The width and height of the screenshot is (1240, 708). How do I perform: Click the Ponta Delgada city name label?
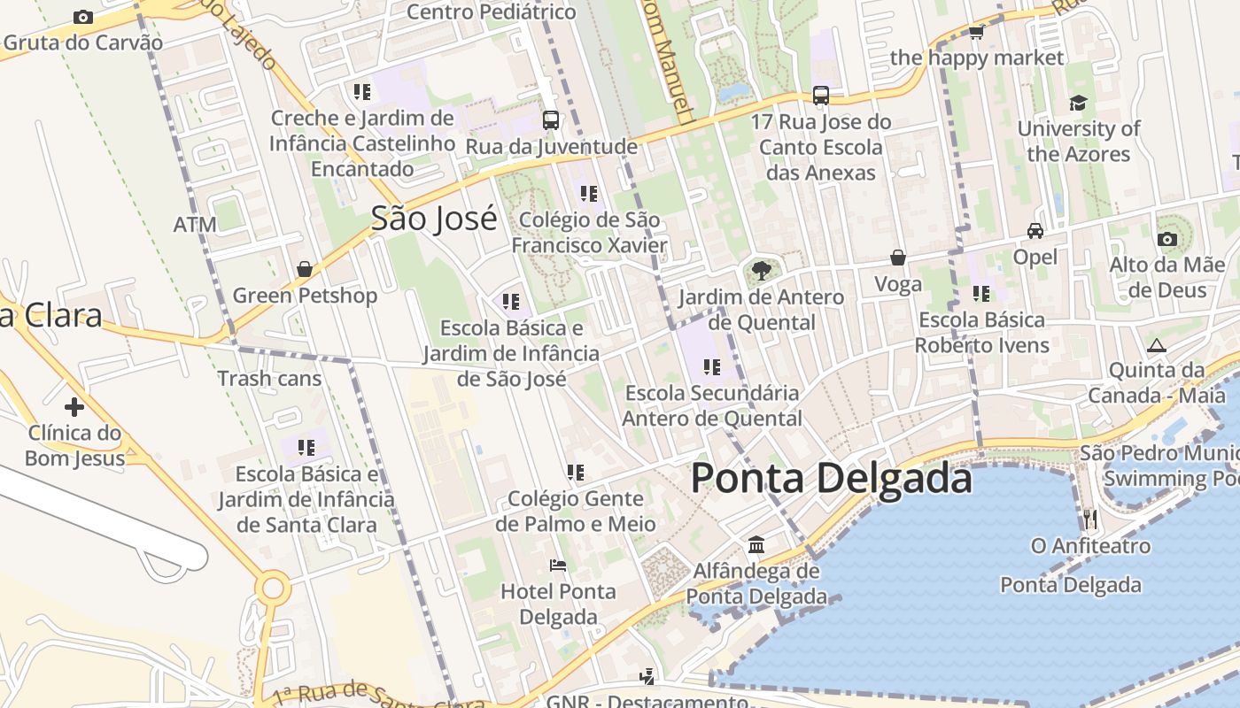click(831, 479)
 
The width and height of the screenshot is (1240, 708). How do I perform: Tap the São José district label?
click(434, 219)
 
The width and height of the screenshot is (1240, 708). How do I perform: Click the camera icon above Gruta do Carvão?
click(83, 17)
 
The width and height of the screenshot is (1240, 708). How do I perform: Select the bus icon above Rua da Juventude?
click(551, 119)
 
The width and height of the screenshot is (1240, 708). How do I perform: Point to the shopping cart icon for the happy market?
click(976, 33)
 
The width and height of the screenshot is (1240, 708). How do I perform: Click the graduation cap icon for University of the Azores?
click(1078, 104)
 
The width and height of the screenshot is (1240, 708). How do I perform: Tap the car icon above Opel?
click(1035, 231)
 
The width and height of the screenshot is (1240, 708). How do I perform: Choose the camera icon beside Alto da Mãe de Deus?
click(1167, 239)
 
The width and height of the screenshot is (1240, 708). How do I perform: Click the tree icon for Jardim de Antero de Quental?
click(761, 271)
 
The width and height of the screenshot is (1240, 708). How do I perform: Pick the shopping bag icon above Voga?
click(897, 258)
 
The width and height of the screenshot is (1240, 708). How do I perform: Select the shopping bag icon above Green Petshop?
click(305, 269)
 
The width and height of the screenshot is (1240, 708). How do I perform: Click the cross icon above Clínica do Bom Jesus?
click(74, 407)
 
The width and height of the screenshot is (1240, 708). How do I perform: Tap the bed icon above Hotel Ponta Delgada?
click(558, 565)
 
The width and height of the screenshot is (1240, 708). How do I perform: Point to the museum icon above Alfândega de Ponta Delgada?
click(756, 544)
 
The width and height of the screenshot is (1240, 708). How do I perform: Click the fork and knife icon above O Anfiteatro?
click(1090, 519)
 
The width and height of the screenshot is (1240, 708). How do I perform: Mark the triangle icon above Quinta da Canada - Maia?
click(1156, 345)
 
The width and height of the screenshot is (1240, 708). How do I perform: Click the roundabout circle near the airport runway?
click(273, 589)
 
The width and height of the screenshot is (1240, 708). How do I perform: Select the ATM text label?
click(195, 225)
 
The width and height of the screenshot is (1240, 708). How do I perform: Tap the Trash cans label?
click(269, 379)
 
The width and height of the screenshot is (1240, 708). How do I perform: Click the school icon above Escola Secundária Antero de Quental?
click(711, 366)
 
